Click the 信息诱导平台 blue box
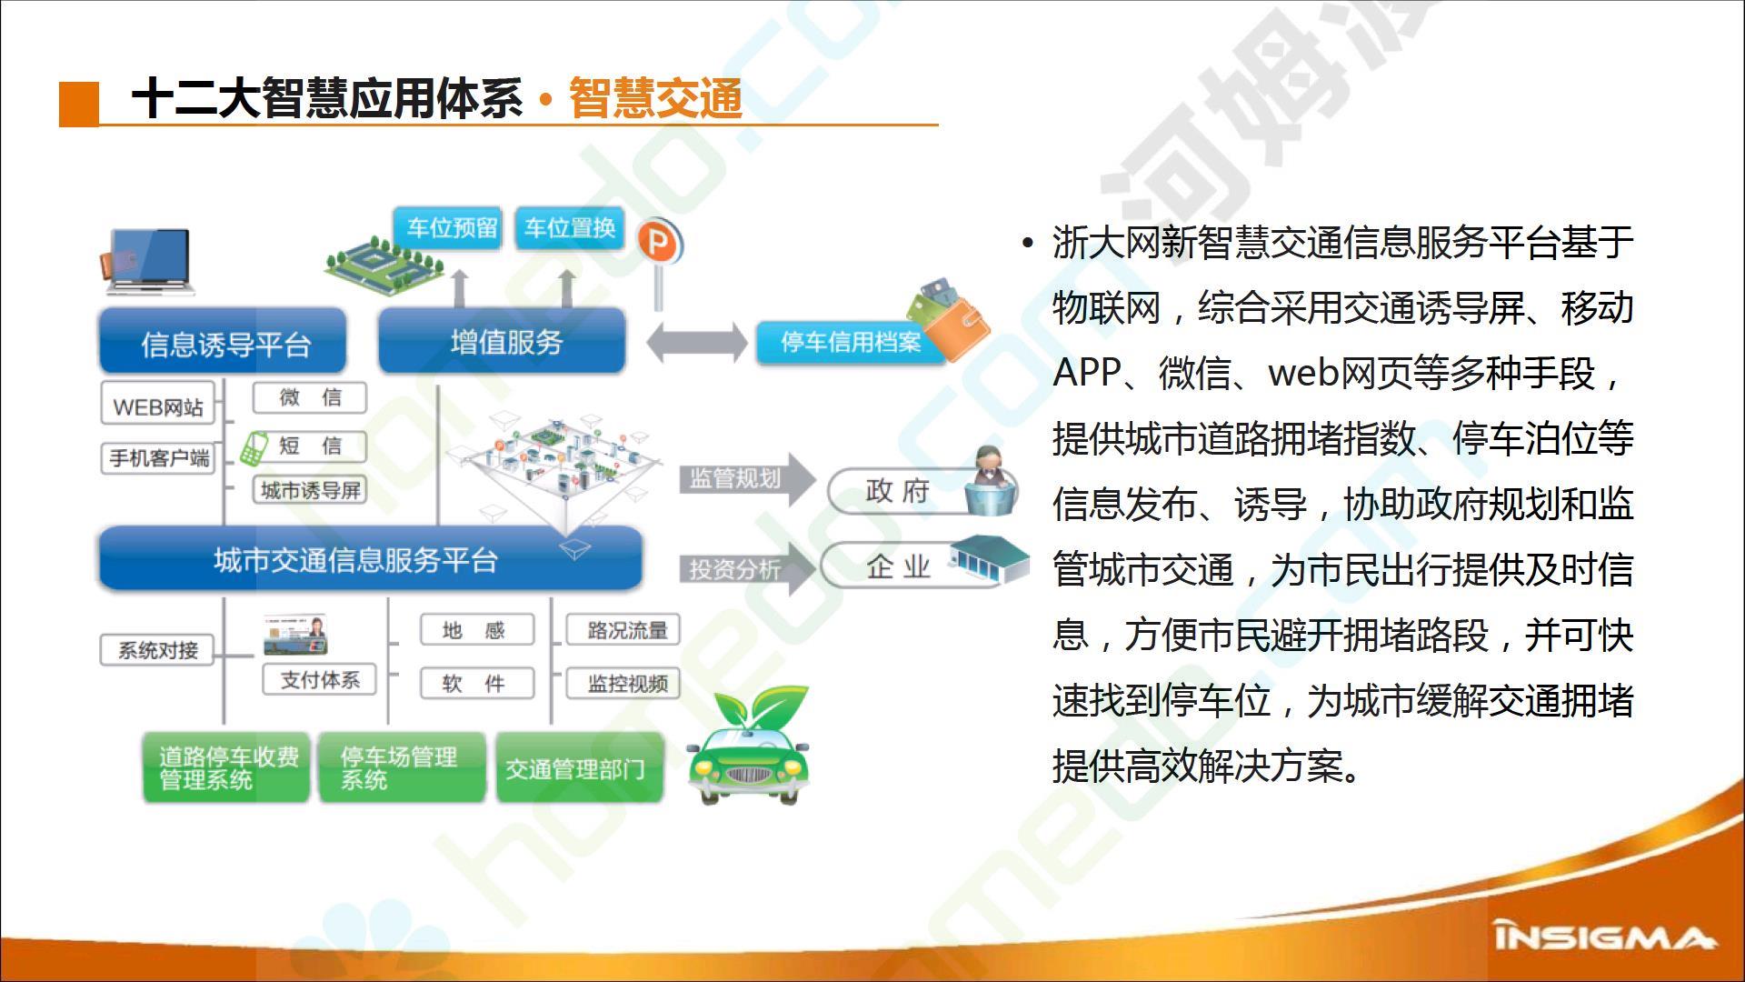223,342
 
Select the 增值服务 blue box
503,341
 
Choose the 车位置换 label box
570,228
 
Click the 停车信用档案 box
851,343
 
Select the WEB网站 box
157,406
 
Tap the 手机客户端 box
158,457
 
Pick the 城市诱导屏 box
310,490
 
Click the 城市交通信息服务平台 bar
371,558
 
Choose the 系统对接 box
157,650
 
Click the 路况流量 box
623,630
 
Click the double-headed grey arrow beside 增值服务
696,344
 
